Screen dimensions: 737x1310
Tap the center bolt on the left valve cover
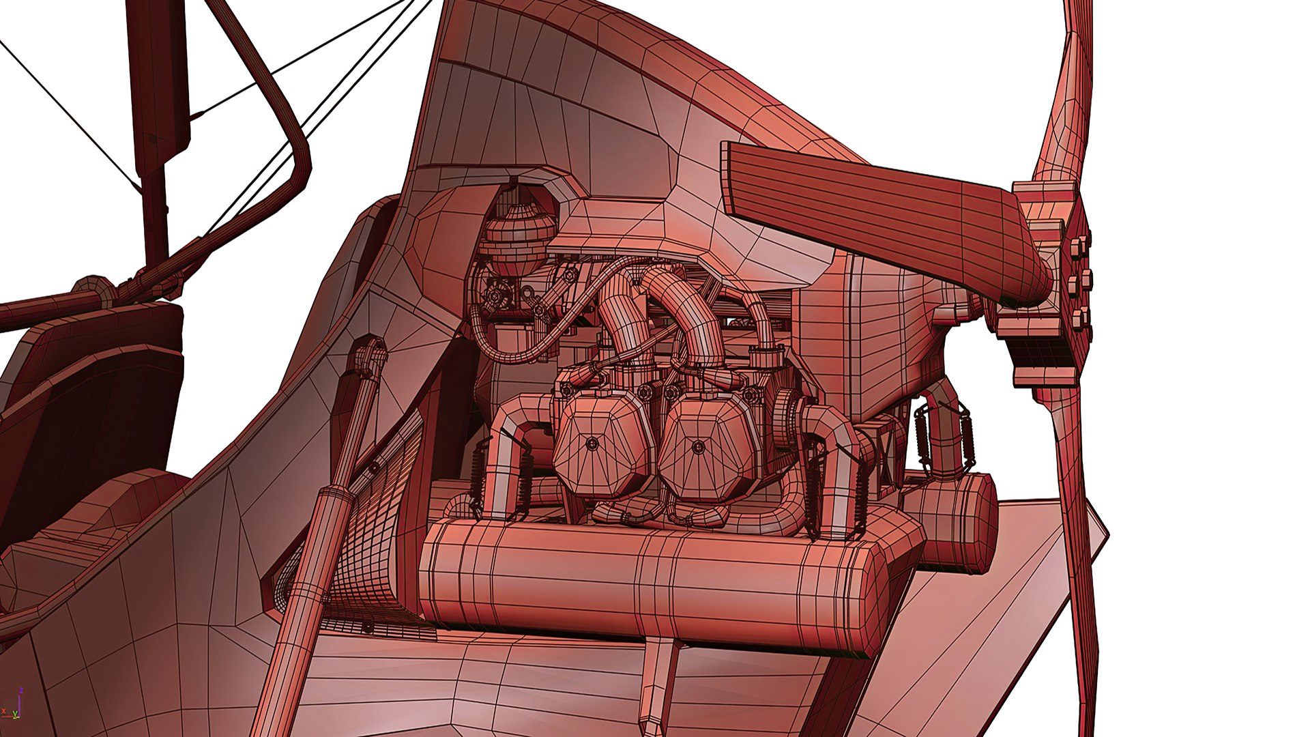coord(591,444)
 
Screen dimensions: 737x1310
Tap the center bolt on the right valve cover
coord(697,448)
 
